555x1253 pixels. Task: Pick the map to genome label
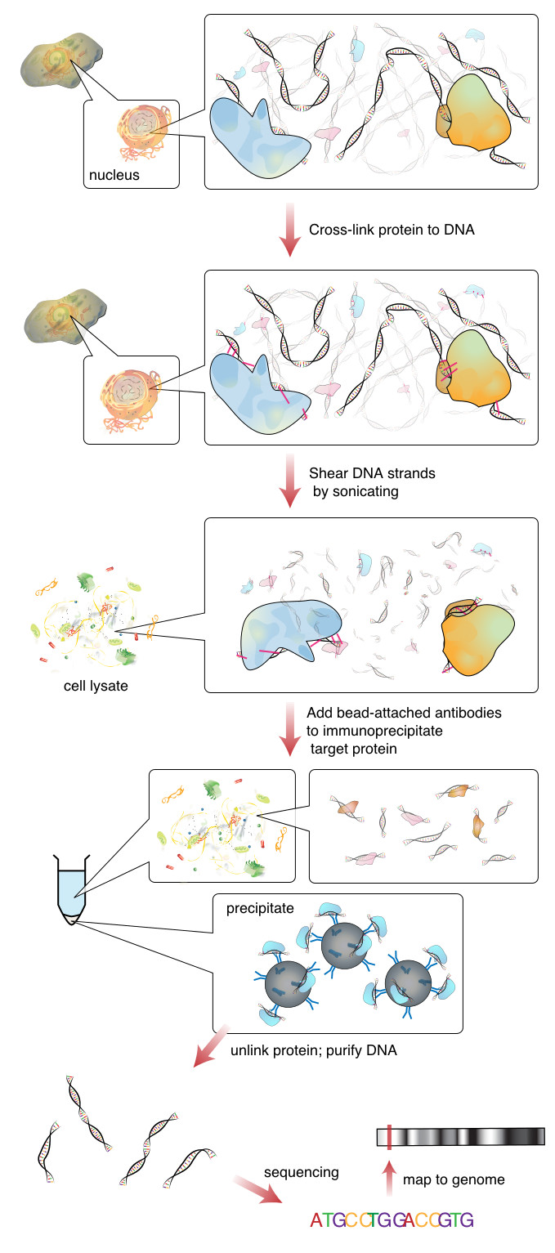454,1179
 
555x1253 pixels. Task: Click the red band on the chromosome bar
389,1136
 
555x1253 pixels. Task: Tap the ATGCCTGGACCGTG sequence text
392,1220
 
